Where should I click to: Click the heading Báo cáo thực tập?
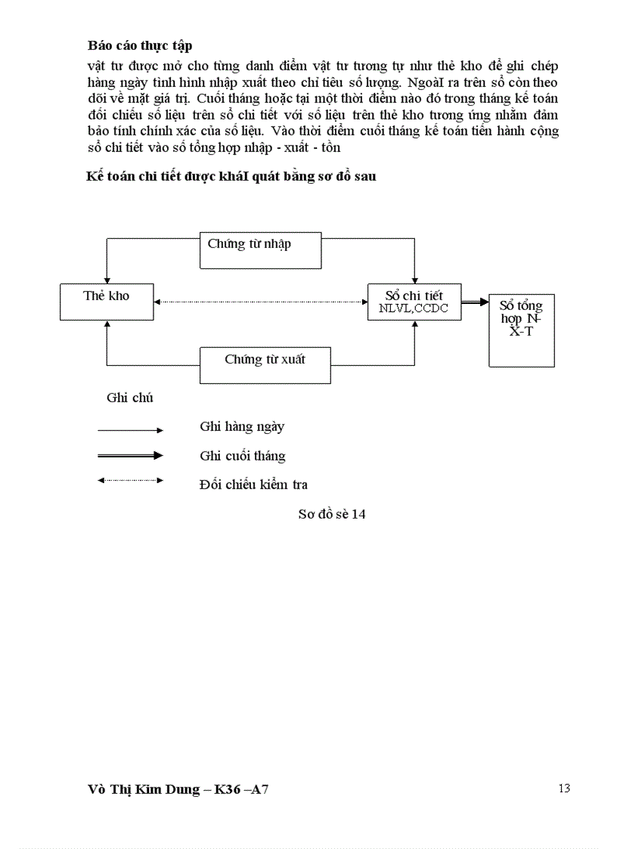tap(140, 45)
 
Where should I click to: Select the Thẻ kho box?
tap(107, 302)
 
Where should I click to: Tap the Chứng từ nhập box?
tap(261, 250)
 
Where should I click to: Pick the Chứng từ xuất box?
tap(265, 365)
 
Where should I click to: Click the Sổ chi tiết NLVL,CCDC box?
tap(414, 302)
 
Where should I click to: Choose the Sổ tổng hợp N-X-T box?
tap(521, 330)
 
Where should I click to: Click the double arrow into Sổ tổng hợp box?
tap(475, 302)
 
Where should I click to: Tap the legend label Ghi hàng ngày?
tap(242, 426)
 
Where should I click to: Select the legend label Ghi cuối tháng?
tap(243, 456)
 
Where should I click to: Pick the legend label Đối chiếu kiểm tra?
tap(253, 485)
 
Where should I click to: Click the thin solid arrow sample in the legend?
tap(130, 430)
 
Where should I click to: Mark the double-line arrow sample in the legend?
tap(130, 455)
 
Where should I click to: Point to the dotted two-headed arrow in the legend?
tap(130, 480)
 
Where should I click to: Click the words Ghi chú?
tap(130, 398)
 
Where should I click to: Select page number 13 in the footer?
tap(564, 789)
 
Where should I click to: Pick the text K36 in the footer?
tap(228, 791)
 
